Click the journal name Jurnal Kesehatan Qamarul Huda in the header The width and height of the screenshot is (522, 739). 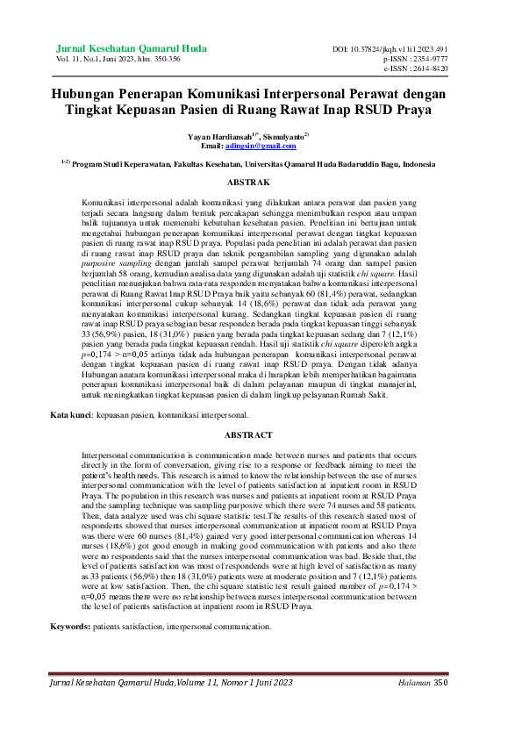131,47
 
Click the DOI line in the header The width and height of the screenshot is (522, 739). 402,49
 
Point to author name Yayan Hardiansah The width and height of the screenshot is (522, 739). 218,137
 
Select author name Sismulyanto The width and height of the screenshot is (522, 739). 281,137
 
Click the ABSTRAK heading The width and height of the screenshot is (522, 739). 248,183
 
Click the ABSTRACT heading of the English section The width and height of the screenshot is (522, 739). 248,435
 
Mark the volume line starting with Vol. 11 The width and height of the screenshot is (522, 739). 118,58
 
